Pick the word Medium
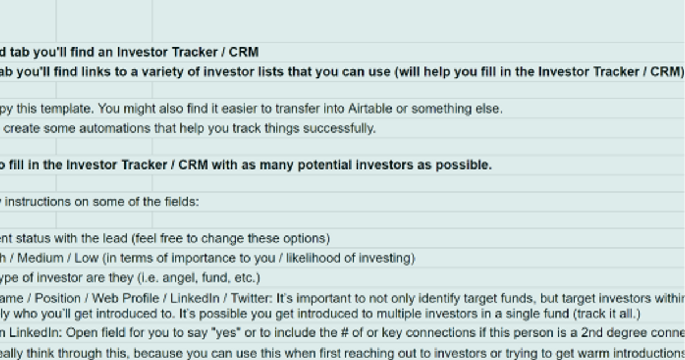40,258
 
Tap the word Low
86,258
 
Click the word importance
188,258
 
